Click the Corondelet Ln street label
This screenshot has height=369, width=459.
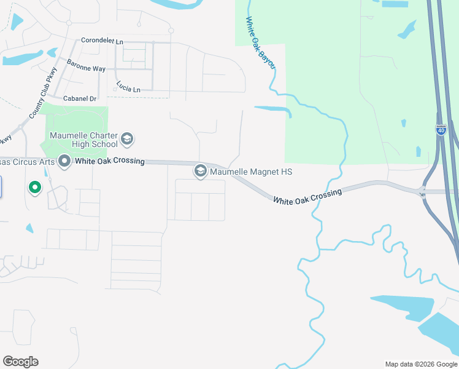pos(102,41)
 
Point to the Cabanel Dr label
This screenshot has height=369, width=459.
pos(80,98)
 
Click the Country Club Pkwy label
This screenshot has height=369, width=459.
pos(37,101)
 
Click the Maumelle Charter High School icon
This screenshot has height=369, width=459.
pos(127,138)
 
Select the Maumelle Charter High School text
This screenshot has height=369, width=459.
pos(84,140)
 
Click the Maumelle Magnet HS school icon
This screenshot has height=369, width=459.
pos(200,172)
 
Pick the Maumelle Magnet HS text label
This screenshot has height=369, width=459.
pos(251,172)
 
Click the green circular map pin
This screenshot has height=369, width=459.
pos(35,187)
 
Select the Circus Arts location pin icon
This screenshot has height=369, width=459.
pos(64,162)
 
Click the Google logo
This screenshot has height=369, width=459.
pos(20,362)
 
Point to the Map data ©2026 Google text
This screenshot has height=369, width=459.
pos(420,364)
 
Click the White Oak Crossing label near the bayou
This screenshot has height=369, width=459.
pos(307,197)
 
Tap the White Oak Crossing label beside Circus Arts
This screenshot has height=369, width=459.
pos(109,162)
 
